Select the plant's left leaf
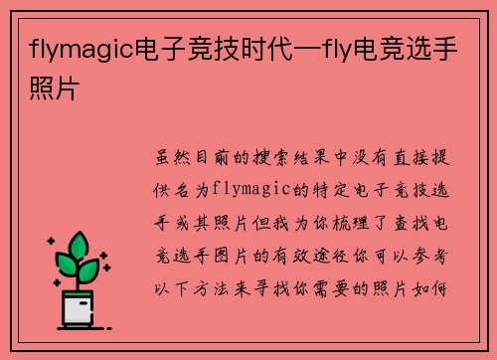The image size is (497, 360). pos(66,265)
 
